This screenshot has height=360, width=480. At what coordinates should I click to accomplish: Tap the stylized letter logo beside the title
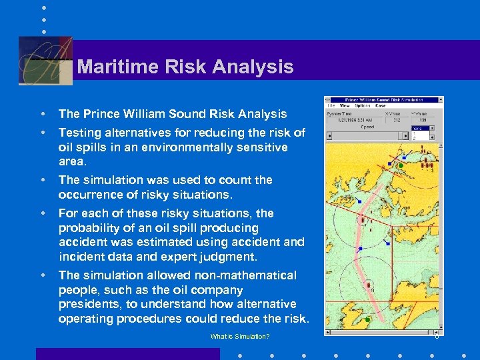coord(45,61)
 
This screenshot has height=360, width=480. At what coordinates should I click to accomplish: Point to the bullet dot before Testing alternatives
coord(43,133)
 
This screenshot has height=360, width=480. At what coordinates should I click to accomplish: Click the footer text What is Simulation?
coord(240,337)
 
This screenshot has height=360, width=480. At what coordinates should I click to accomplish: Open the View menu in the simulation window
coord(345,105)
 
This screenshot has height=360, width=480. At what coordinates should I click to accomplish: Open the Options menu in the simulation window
coord(362,105)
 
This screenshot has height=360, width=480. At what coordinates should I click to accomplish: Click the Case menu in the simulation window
coord(381,105)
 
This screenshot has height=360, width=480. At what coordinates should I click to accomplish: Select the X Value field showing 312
coord(396,121)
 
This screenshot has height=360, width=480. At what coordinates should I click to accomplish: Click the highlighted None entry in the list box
coord(419,129)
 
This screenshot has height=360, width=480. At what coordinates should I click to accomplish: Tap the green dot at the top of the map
coord(401,165)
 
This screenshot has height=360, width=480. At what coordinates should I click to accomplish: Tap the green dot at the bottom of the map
coord(367,321)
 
